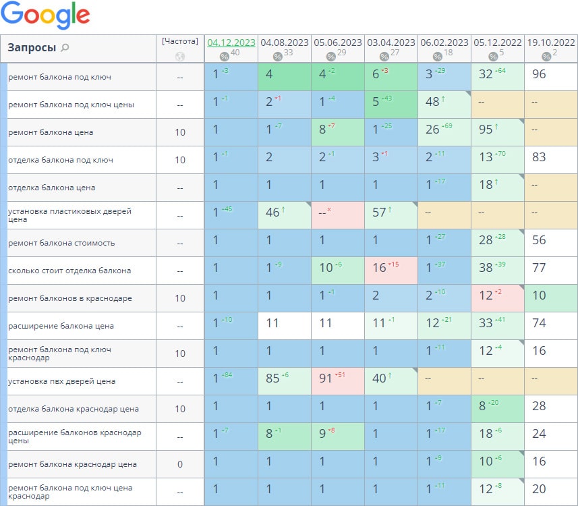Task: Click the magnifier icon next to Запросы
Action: point(65,48)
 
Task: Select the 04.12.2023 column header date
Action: point(231,42)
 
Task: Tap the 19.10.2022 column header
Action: point(551,42)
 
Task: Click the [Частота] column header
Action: point(179,41)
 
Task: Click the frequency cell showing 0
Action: point(180,464)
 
